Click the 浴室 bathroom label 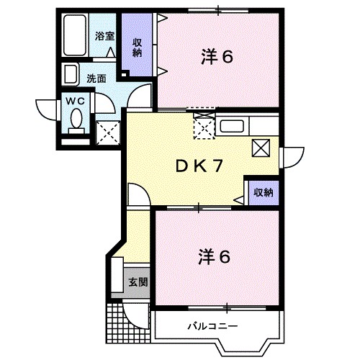pos(105,36)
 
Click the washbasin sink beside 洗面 pos(71,75)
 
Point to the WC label pos(76,101)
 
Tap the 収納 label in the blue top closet pos(137,46)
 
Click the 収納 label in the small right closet pos(263,192)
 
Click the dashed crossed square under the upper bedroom pos(204,128)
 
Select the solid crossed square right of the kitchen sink pos(261,148)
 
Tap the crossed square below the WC pos(107,132)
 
